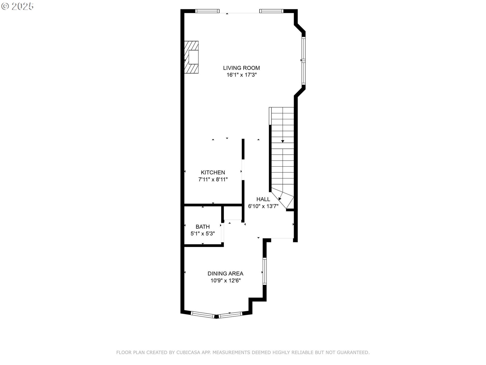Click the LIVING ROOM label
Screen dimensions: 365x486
[241, 68]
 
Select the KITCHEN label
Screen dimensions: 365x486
[213, 172]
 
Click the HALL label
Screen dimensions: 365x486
[263, 199]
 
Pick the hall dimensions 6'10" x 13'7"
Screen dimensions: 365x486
[263, 206]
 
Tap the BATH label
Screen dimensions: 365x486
[202, 227]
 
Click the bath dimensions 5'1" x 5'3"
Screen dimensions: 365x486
[202, 234]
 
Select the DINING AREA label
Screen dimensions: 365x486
[225, 273]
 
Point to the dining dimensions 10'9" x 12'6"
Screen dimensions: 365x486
[225, 281]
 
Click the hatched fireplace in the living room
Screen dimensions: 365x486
[191, 57]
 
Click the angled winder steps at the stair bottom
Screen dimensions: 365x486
[285, 199]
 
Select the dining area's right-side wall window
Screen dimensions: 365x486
[265, 271]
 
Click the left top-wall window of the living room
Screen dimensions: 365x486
[207, 11]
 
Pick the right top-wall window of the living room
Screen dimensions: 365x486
[271, 11]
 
